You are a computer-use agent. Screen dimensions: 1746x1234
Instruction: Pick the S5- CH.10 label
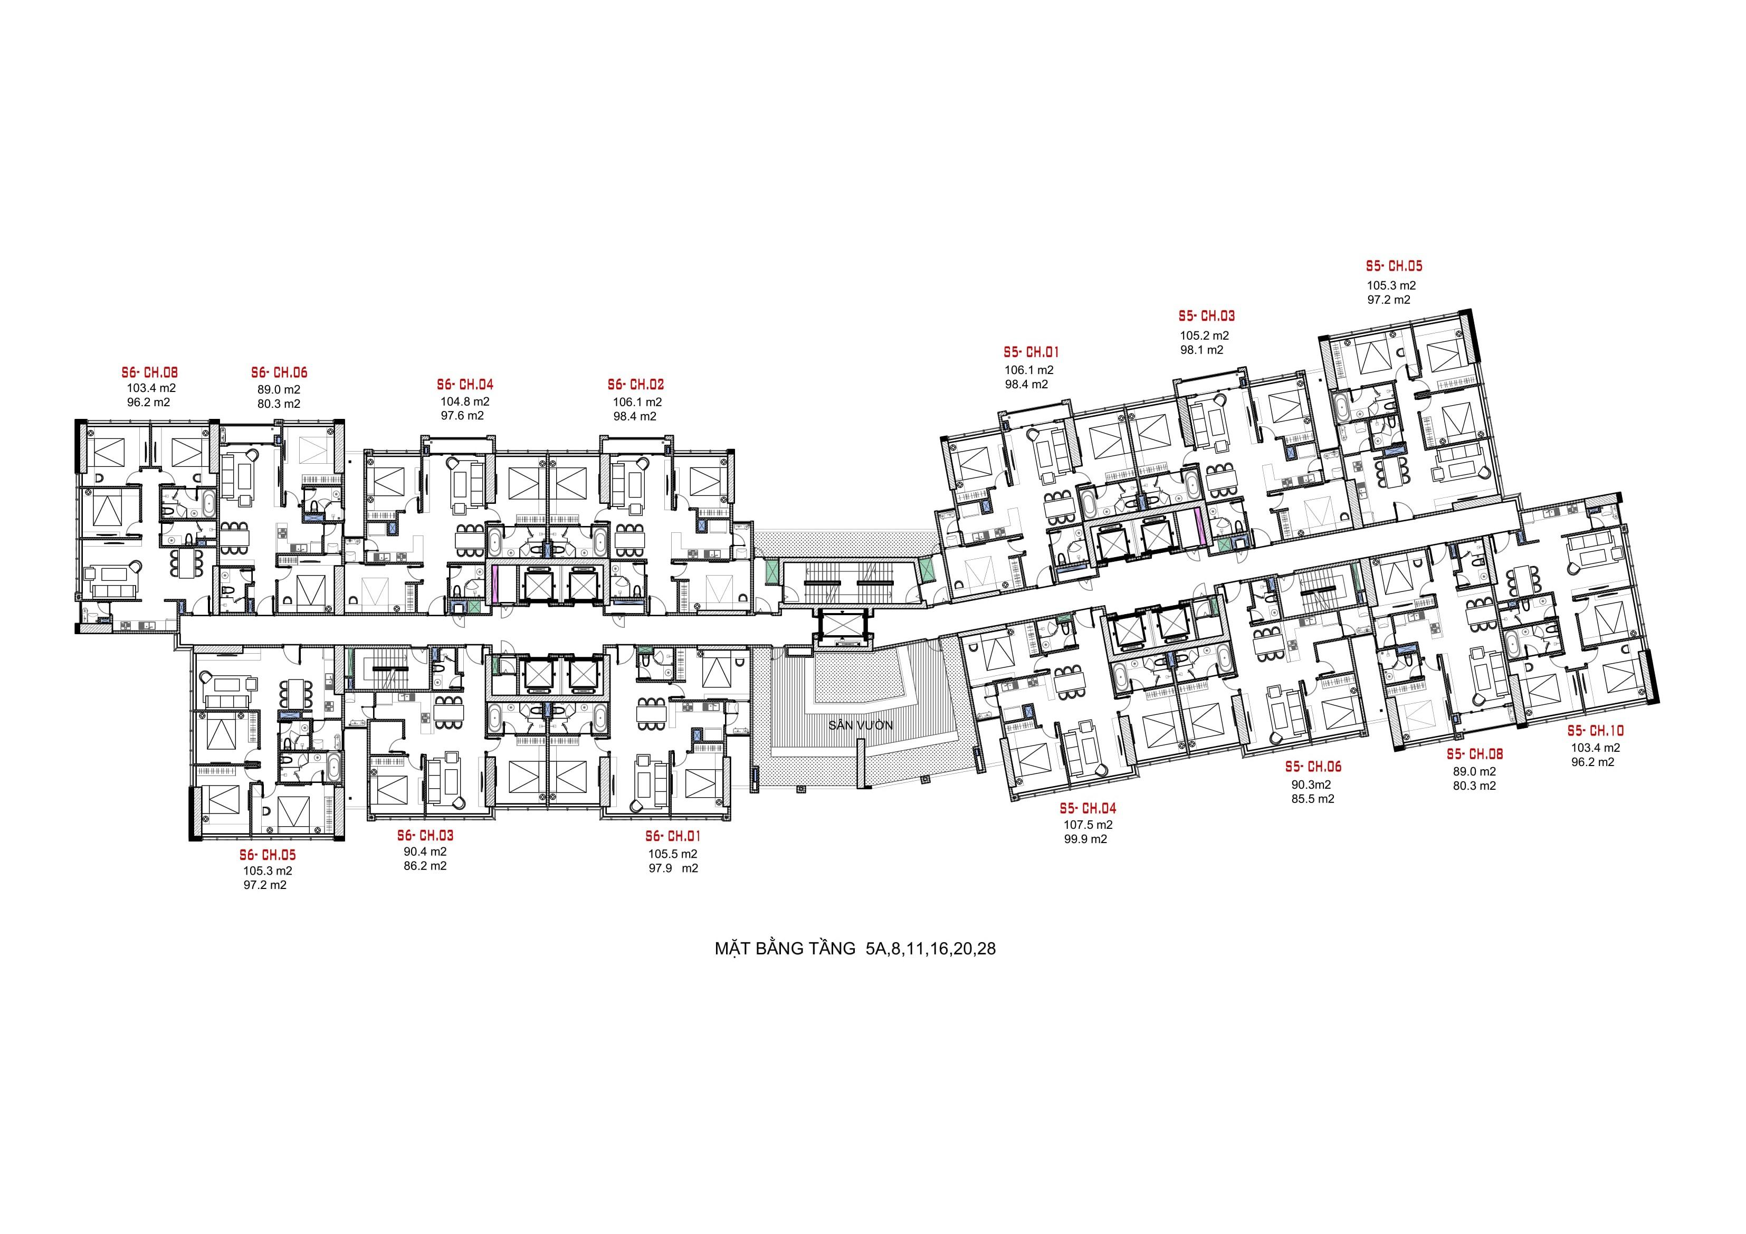click(x=1596, y=731)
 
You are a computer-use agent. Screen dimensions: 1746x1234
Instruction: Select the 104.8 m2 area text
click(x=465, y=401)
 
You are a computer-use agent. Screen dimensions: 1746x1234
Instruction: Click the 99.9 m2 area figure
click(x=1085, y=839)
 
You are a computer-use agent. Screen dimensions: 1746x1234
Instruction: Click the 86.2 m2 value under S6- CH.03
click(x=425, y=866)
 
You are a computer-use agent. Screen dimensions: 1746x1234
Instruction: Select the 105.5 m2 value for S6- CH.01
click(x=672, y=853)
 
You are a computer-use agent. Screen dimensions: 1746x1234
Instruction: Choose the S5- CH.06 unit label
click(x=1313, y=768)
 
